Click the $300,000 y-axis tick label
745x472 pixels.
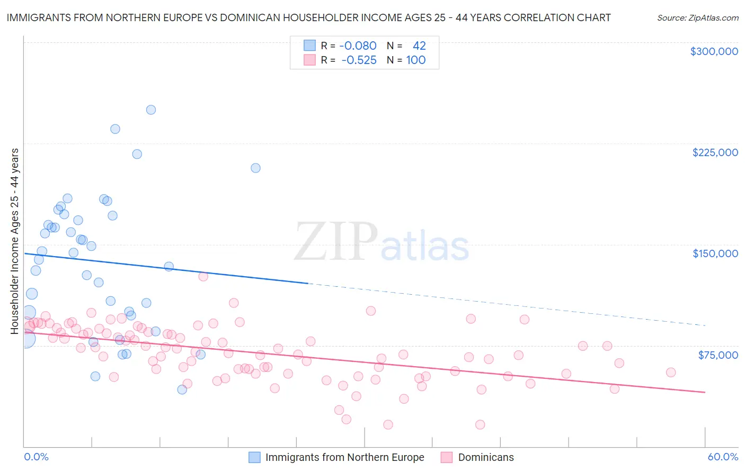pyautogui.click(x=714, y=51)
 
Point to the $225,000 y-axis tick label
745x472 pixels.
pyautogui.click(x=715, y=152)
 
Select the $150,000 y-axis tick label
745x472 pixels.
pyautogui.click(x=715, y=253)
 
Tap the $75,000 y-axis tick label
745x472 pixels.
pyautogui.click(x=717, y=355)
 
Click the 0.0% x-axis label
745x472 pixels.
pyautogui.click(x=36, y=457)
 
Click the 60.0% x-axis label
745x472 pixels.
pyautogui.click(x=722, y=457)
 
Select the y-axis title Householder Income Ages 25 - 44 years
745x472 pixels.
pyautogui.click(x=14, y=241)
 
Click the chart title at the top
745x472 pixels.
pyautogui.click(x=308, y=17)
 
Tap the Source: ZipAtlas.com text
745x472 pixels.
pyautogui.click(x=697, y=18)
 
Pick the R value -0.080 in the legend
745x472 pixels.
pyautogui.click(x=358, y=46)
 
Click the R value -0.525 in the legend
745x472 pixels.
pyautogui.click(x=359, y=60)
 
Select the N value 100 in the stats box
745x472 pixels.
pyautogui.click(x=416, y=60)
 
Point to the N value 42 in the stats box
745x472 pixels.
pyautogui.click(x=419, y=46)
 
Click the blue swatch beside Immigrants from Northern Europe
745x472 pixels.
pyautogui.click(x=255, y=457)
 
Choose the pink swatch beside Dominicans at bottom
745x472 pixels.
pyautogui.click(x=447, y=457)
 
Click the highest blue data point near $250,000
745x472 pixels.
pyautogui.click(x=151, y=110)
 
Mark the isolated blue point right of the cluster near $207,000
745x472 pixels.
pyautogui.click(x=255, y=168)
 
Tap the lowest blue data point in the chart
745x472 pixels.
pyautogui.click(x=182, y=389)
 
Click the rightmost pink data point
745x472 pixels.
pyautogui.click(x=671, y=372)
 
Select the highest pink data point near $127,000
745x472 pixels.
pyautogui.click(x=203, y=276)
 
